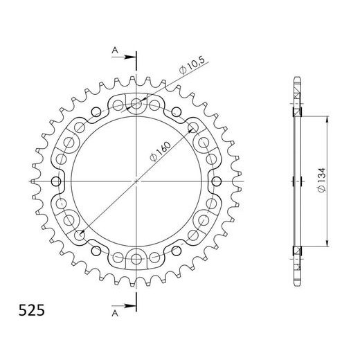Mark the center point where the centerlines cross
point(137,181)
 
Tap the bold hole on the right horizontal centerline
point(215,181)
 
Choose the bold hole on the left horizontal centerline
point(59,181)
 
